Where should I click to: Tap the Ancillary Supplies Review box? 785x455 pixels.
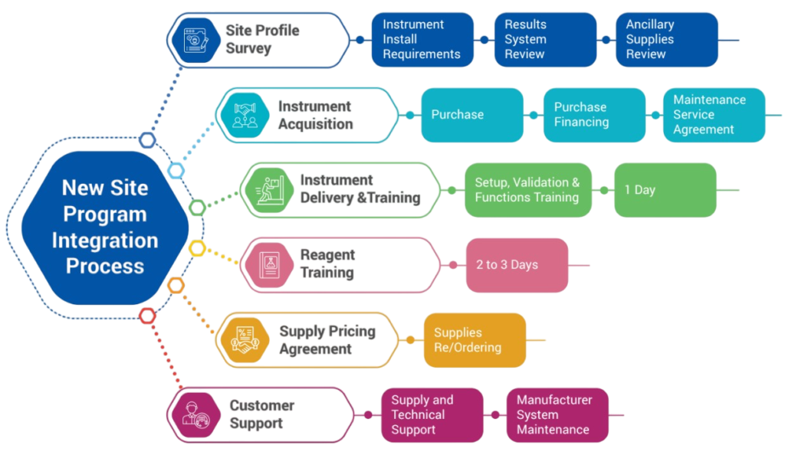pyautogui.click(x=666, y=40)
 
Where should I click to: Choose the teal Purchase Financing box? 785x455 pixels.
pyautogui.click(x=594, y=115)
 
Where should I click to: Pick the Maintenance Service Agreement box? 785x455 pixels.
pyautogui.click(x=714, y=115)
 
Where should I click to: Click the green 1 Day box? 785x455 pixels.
pyautogui.click(x=665, y=190)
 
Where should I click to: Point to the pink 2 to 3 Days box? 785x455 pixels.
pyautogui.click(x=517, y=265)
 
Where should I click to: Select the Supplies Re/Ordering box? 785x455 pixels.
pyautogui.click(x=475, y=340)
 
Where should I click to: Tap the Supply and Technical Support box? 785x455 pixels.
pyautogui.click(x=432, y=415)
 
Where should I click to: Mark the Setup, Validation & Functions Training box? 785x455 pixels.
pyautogui.click(x=528, y=190)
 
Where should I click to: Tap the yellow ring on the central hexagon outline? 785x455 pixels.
pyautogui.click(x=197, y=247)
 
